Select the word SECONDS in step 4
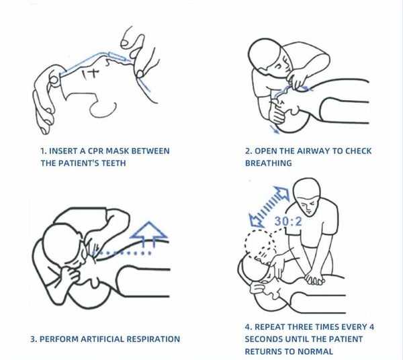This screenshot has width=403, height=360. pyautogui.click(x=264, y=339)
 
